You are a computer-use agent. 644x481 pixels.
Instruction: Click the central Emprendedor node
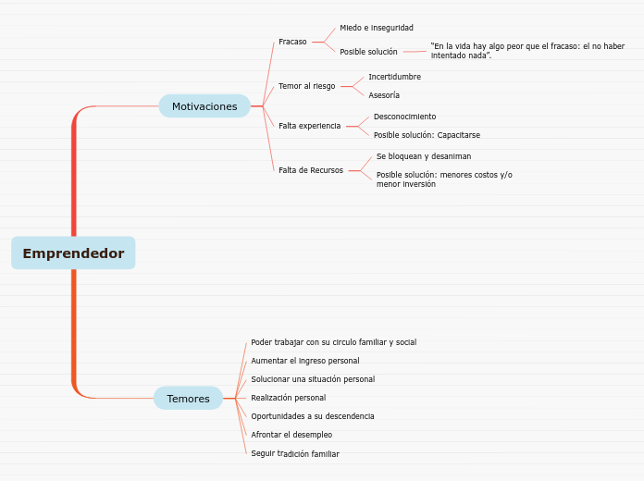pyautogui.click(x=73, y=253)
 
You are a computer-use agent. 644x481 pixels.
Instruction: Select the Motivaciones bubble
pyautogui.click(x=204, y=106)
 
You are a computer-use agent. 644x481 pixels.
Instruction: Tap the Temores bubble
pyautogui.click(x=188, y=399)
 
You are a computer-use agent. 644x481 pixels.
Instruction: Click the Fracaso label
pyautogui.click(x=292, y=42)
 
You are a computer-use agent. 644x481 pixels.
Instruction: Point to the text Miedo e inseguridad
pyautogui.click(x=377, y=28)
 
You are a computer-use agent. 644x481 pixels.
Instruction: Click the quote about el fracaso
pyautogui.click(x=526, y=51)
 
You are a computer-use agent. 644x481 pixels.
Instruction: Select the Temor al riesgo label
pyautogui.click(x=306, y=86)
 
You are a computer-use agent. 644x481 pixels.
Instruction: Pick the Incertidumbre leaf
pyautogui.click(x=394, y=77)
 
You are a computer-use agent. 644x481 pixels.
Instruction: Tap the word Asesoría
pyautogui.click(x=384, y=95)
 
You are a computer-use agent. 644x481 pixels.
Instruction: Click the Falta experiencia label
pyautogui.click(x=309, y=126)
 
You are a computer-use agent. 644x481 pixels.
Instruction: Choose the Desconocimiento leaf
pyautogui.click(x=404, y=117)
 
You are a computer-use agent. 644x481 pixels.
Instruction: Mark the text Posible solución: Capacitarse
pyautogui.click(x=427, y=135)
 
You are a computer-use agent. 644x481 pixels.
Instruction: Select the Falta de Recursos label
pyautogui.click(x=310, y=170)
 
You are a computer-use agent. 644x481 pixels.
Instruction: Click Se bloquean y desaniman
pyautogui.click(x=423, y=156)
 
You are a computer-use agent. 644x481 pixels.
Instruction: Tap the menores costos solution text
pyautogui.click(x=443, y=179)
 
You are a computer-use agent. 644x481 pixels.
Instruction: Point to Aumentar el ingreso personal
pyautogui.click(x=304, y=361)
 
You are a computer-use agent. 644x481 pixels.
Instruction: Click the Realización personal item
pyautogui.click(x=288, y=398)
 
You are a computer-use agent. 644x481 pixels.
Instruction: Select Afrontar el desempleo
pyautogui.click(x=291, y=435)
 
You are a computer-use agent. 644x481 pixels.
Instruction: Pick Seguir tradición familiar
pyautogui.click(x=294, y=454)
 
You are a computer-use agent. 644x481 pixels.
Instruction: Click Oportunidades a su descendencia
pyautogui.click(x=312, y=416)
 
